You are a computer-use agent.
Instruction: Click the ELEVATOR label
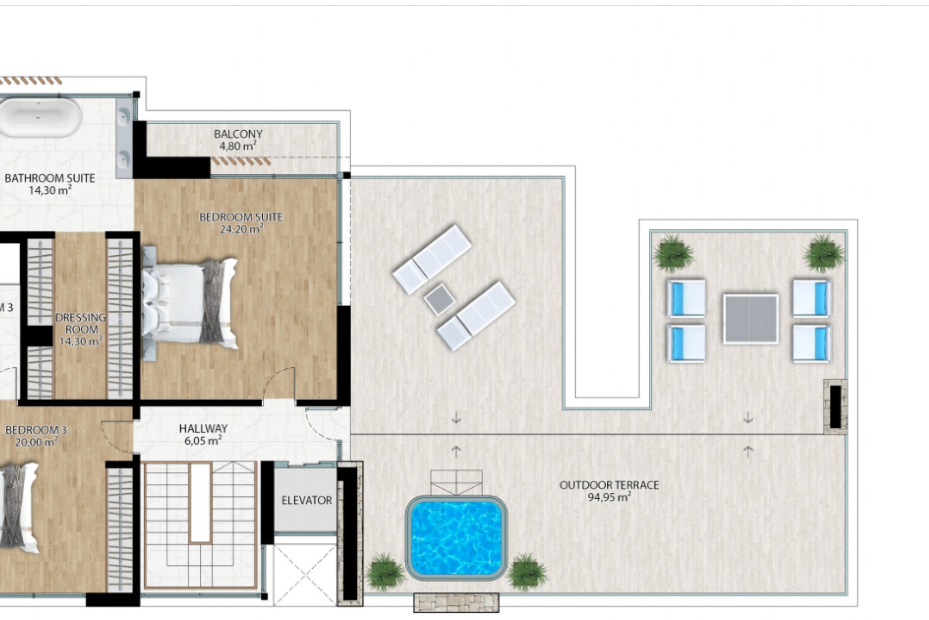[307, 500]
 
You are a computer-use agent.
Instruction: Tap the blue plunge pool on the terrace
[456, 538]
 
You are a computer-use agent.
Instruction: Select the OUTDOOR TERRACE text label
[609, 485]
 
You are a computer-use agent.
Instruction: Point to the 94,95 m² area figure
[609, 497]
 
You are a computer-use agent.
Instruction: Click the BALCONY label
[238, 134]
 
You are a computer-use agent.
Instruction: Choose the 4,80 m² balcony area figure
[235, 146]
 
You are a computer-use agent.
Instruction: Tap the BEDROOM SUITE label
[241, 217]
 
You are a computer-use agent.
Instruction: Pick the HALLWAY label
[203, 429]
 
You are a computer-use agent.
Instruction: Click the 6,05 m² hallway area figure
[203, 441]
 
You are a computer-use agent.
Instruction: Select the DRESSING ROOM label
[80, 324]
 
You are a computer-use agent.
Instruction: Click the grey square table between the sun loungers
[439, 299]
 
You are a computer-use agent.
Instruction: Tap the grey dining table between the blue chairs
[750, 319]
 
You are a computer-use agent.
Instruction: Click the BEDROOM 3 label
[36, 430]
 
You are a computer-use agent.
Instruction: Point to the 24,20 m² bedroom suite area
[241, 229]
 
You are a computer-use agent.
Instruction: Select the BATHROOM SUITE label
[50, 178]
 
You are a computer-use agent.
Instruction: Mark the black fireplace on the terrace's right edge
[835, 407]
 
